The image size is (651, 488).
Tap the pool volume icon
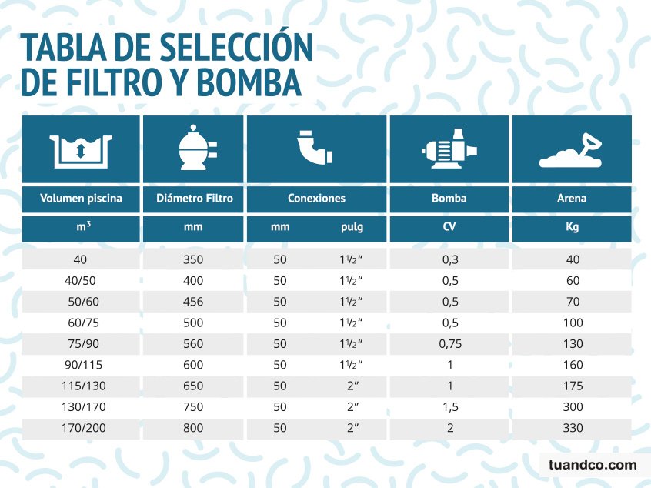[81, 149]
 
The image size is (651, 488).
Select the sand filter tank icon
[193, 149]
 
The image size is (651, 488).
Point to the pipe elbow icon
[315, 149]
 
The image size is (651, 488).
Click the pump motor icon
[449, 149]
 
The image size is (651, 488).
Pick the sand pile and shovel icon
[572, 150]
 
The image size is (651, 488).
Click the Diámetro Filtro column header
[194, 198]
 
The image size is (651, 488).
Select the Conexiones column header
[316, 198]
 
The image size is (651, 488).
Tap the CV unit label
[449, 229]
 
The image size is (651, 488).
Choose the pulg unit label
[351, 229]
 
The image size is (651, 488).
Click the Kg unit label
[572, 229]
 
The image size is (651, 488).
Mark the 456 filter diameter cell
[193, 302]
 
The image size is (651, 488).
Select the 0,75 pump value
[449, 344]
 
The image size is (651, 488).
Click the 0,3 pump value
[449, 260]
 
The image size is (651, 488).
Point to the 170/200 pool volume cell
[81, 428]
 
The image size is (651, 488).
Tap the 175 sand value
[573, 386]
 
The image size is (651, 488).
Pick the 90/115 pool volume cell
[81, 365]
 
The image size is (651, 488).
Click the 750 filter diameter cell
[193, 407]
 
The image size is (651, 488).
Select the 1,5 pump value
[449, 407]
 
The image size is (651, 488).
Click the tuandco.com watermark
[593, 464]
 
